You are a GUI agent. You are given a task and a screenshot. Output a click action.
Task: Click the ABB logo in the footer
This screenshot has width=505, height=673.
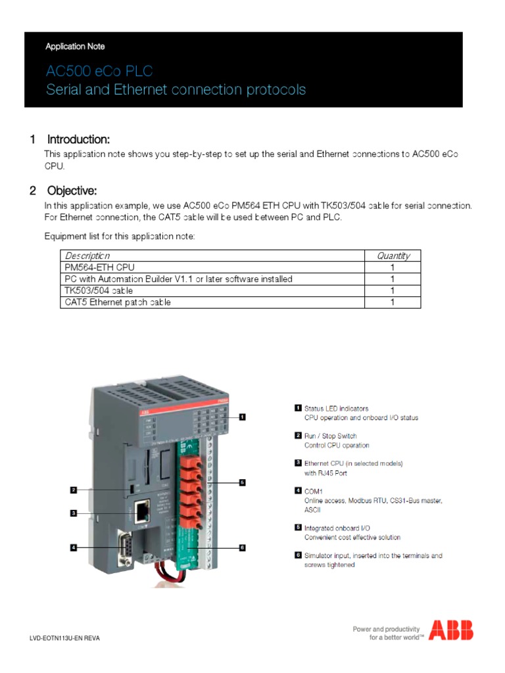(450, 630)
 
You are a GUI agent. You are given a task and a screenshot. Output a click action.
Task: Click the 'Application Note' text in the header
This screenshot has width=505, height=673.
(75, 47)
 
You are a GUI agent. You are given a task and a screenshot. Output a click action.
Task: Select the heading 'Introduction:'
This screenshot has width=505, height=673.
(78, 139)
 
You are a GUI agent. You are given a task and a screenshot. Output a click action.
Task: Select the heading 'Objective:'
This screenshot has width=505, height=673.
(72, 191)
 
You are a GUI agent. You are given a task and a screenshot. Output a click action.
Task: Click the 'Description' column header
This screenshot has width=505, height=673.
(87, 256)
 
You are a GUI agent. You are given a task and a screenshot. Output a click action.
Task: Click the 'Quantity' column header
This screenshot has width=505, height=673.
(393, 256)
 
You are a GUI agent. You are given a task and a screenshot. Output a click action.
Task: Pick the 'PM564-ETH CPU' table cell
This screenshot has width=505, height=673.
(93, 267)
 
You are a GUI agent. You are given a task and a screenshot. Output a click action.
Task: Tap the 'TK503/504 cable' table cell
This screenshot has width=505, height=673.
(94, 290)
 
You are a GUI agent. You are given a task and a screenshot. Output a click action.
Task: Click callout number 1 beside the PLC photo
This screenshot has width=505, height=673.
(242, 416)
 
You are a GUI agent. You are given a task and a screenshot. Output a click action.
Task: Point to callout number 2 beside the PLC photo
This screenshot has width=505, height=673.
(74, 490)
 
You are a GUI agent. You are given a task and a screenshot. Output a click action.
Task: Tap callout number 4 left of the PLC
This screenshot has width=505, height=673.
(74, 547)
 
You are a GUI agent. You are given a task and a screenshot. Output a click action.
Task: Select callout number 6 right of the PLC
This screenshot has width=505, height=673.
(242, 547)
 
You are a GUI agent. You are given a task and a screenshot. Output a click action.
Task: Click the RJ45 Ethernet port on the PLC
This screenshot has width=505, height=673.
(141, 511)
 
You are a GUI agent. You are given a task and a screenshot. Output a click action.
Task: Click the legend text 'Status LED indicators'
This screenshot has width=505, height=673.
(336, 408)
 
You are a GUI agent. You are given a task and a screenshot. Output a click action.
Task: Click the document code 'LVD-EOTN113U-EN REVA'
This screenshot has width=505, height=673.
(66, 638)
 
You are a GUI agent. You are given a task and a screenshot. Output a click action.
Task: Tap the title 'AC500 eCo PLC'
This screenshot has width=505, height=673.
(99, 71)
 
